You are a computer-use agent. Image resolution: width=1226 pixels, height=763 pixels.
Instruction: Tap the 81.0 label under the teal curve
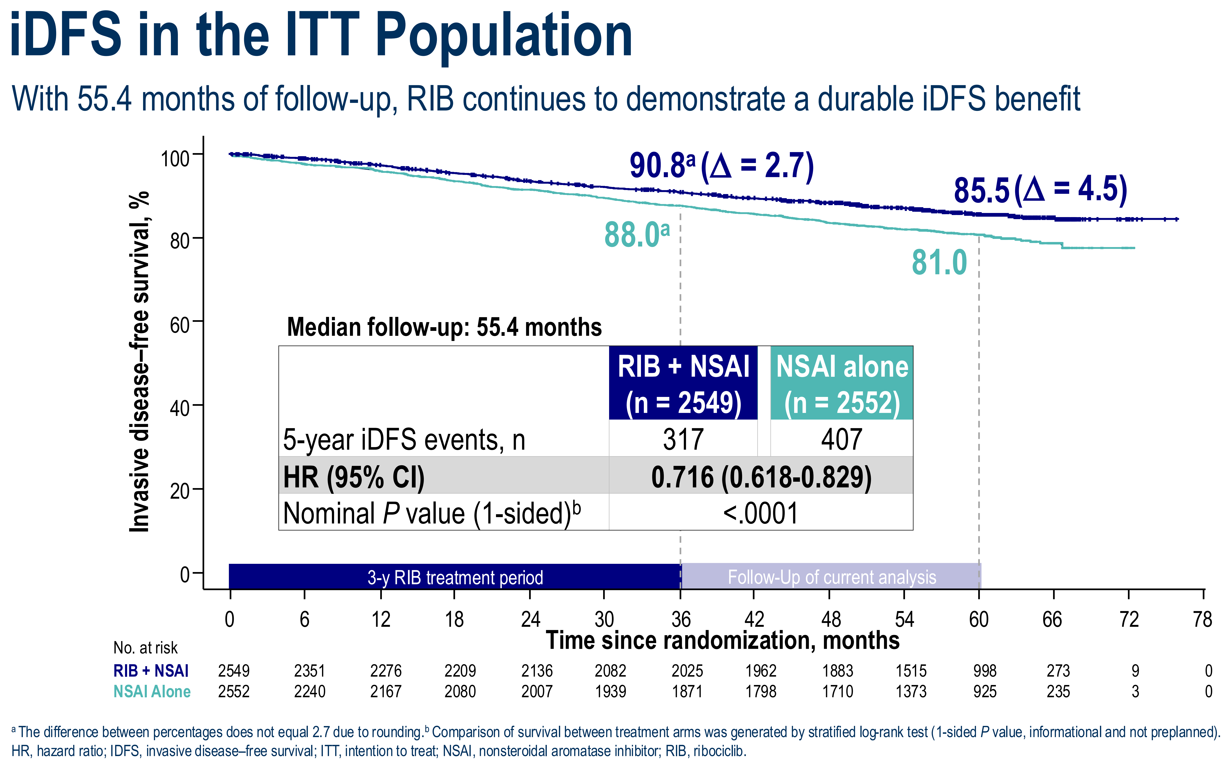(939, 263)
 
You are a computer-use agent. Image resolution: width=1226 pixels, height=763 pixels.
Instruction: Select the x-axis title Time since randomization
(722, 640)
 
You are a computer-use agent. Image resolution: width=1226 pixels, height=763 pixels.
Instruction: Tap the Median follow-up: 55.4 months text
(444, 327)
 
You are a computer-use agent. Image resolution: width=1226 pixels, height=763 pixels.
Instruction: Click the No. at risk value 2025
(687, 671)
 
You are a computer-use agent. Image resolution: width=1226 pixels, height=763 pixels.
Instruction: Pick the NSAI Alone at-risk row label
(152, 691)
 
